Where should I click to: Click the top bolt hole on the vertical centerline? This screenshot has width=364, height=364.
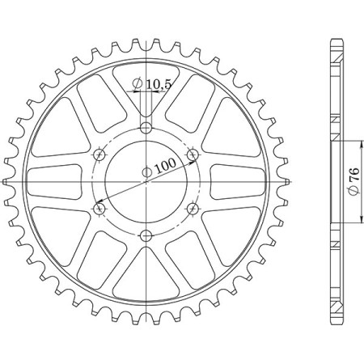[x=146, y=129]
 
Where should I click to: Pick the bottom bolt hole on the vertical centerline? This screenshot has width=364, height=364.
[x=146, y=235]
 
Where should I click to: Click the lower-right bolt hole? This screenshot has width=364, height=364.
[x=192, y=209]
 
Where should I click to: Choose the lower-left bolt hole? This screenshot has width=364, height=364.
[x=99, y=209]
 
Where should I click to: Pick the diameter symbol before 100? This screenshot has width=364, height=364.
[x=146, y=171]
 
